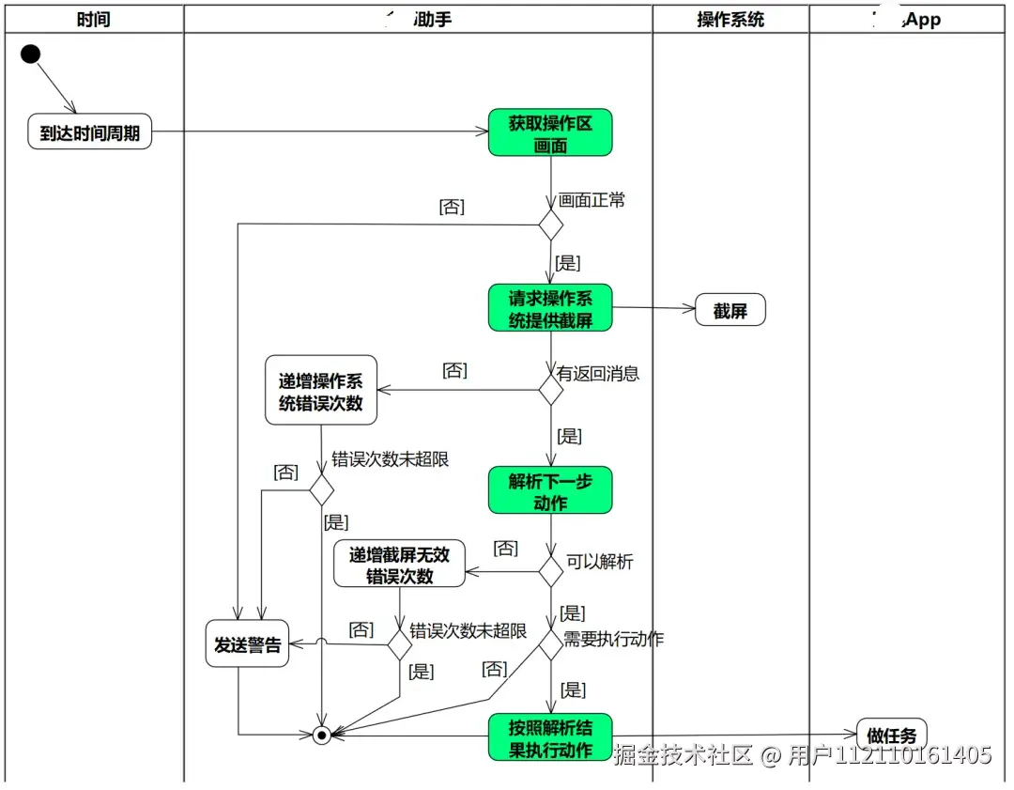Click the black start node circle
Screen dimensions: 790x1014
(30, 54)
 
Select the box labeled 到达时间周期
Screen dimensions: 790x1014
(89, 133)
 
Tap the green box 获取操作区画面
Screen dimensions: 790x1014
(550, 133)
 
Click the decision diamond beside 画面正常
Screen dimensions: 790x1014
(550, 225)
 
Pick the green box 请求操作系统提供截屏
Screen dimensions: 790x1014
(550, 308)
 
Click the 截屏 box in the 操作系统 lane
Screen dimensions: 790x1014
(730, 311)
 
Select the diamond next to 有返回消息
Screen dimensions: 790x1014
(550, 389)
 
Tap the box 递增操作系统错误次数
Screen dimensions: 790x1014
(321, 391)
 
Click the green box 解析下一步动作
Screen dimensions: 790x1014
(550, 490)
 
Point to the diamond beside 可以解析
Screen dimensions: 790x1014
(550, 570)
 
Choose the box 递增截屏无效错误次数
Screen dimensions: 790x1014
(399, 565)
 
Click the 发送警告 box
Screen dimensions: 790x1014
(248, 644)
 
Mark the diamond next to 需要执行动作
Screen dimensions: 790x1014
(550, 644)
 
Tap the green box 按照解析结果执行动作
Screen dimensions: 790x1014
(550, 737)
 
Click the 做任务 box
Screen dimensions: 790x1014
(891, 736)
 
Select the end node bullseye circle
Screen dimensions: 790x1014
(322, 735)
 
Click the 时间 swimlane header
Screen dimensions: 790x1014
(93, 19)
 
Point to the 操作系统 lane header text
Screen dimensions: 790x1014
(730, 19)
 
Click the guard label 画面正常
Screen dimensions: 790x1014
(591, 200)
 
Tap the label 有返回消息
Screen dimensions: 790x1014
(598, 373)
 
